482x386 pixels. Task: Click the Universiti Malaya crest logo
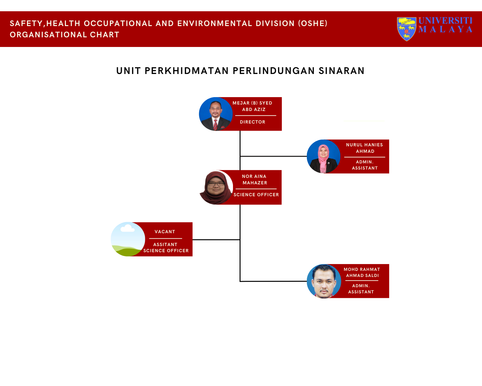click(x=406, y=29)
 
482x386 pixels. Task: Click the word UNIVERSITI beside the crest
click(x=445, y=21)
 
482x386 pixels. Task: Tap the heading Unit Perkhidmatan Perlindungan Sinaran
click(x=240, y=71)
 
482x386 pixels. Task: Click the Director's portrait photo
click(x=216, y=114)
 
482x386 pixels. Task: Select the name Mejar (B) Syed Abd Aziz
click(x=253, y=106)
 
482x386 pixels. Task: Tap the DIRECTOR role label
click(x=253, y=122)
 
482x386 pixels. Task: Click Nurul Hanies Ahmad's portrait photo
click(x=323, y=157)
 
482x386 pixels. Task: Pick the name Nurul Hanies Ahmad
click(x=365, y=148)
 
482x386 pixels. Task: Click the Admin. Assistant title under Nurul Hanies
click(x=365, y=165)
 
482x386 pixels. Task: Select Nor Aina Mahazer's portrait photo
click(x=216, y=188)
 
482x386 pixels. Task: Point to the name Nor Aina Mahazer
click(x=254, y=179)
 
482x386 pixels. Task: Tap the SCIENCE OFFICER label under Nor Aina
click(x=256, y=195)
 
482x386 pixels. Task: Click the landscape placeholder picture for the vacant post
click(x=128, y=239)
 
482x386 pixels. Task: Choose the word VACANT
click(x=165, y=232)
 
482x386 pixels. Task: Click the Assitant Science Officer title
click(x=166, y=248)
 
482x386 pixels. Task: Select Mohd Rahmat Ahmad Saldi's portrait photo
click(x=324, y=281)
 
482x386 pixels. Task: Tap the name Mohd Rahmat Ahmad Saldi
click(x=362, y=272)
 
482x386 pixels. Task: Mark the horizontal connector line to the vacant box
click(x=216, y=240)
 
